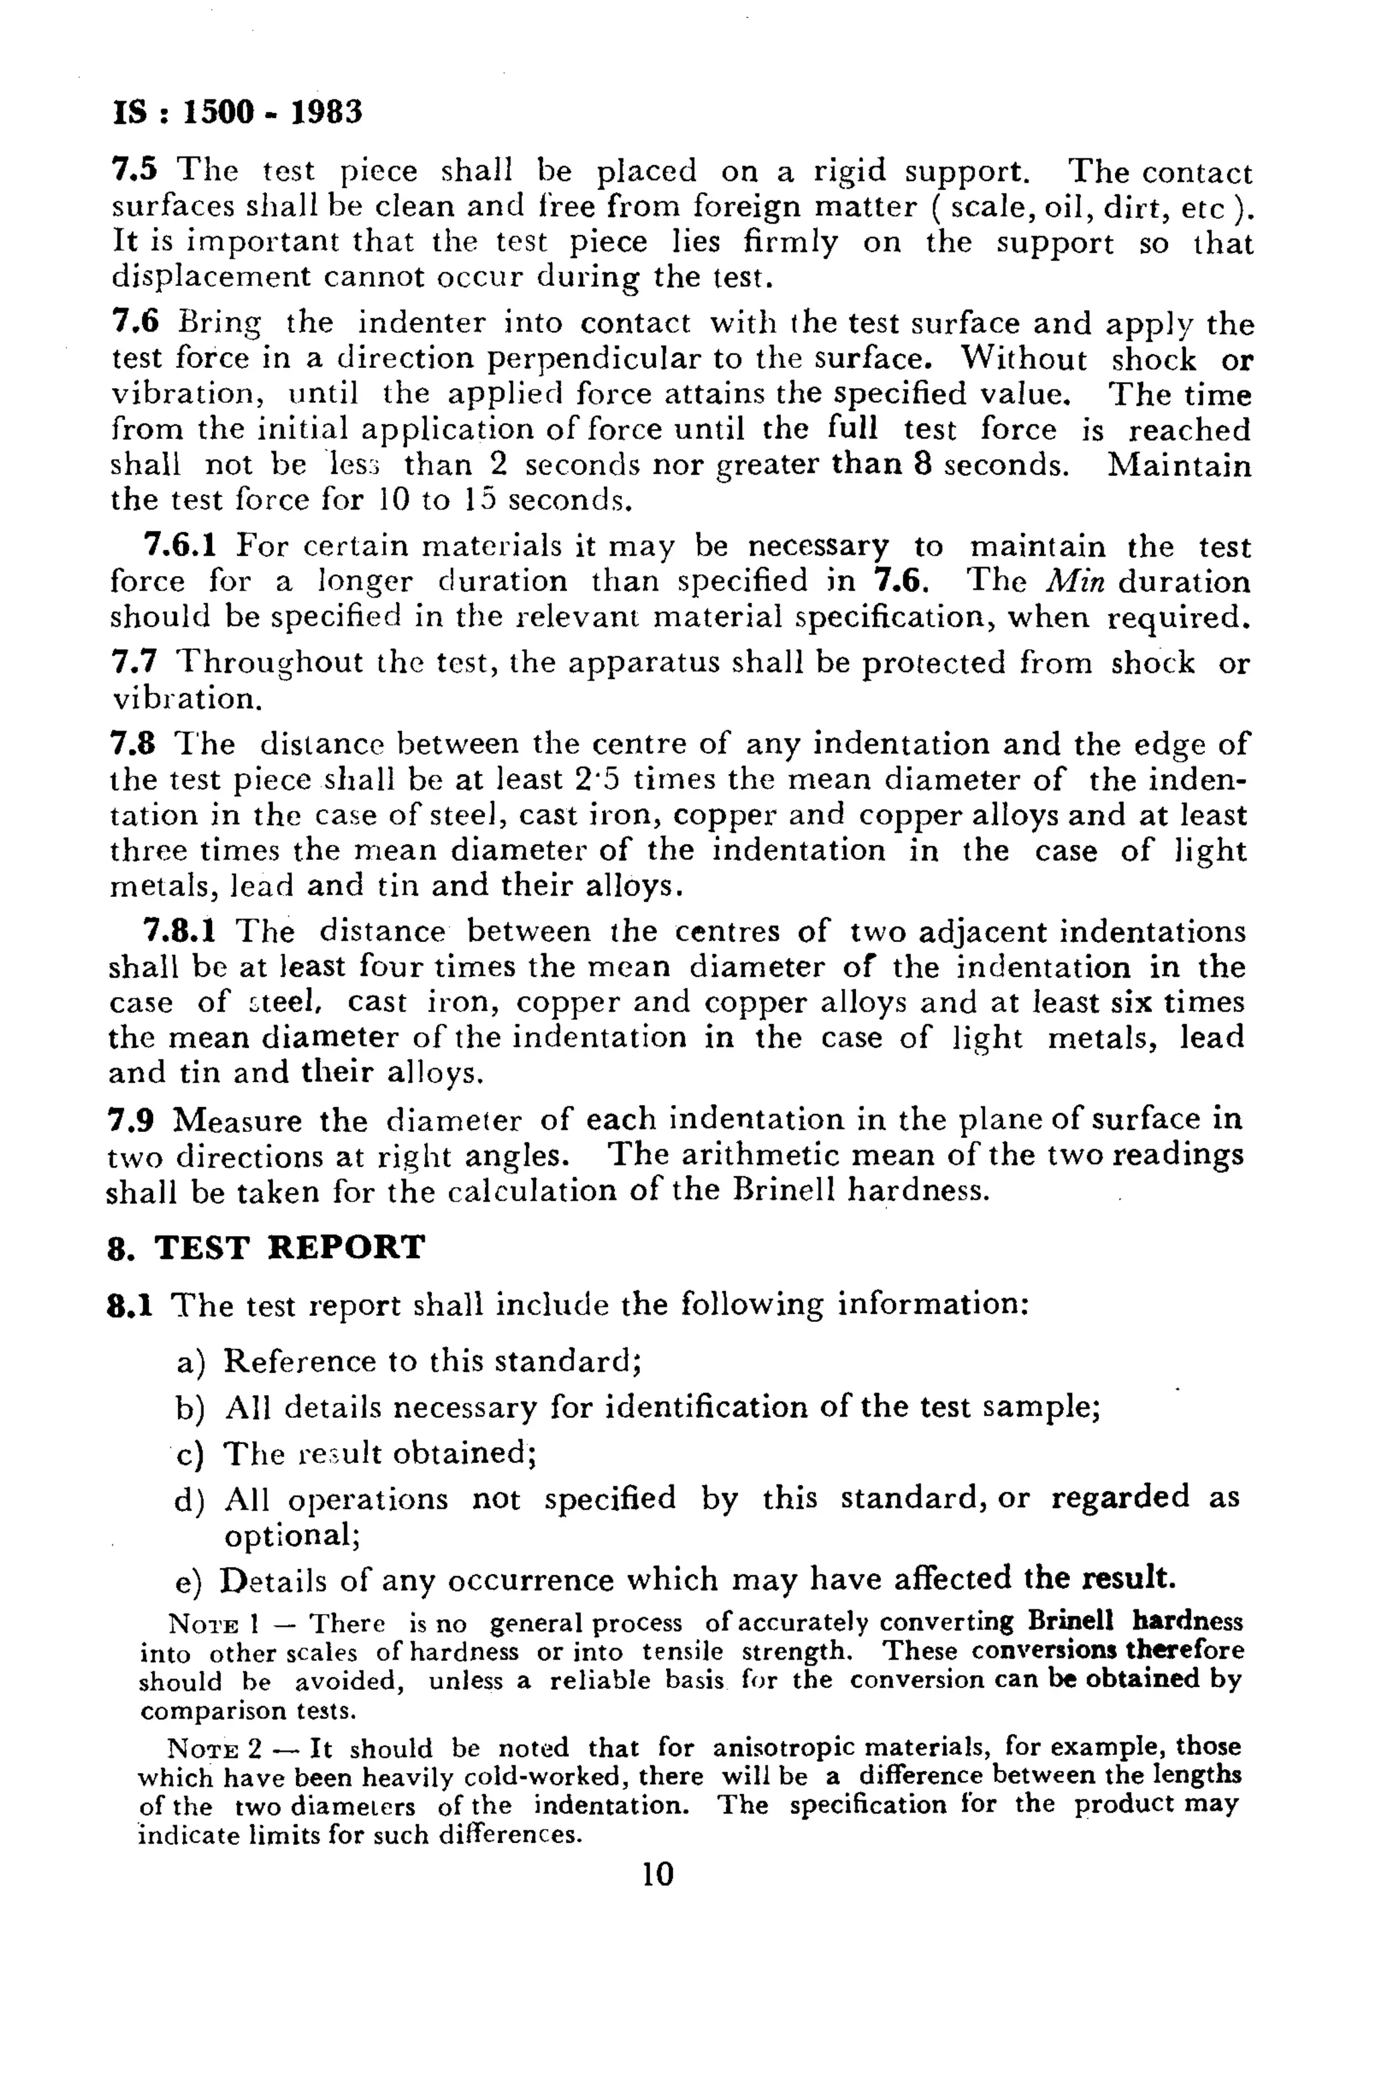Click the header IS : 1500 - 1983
[x=237, y=112]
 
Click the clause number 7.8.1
[x=178, y=931]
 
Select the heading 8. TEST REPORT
[x=266, y=1247]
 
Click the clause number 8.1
[x=129, y=1305]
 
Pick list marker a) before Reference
[x=191, y=1362]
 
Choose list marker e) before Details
[x=189, y=1582]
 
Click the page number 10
[x=657, y=1875]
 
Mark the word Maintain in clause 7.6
[x=1179, y=464]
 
